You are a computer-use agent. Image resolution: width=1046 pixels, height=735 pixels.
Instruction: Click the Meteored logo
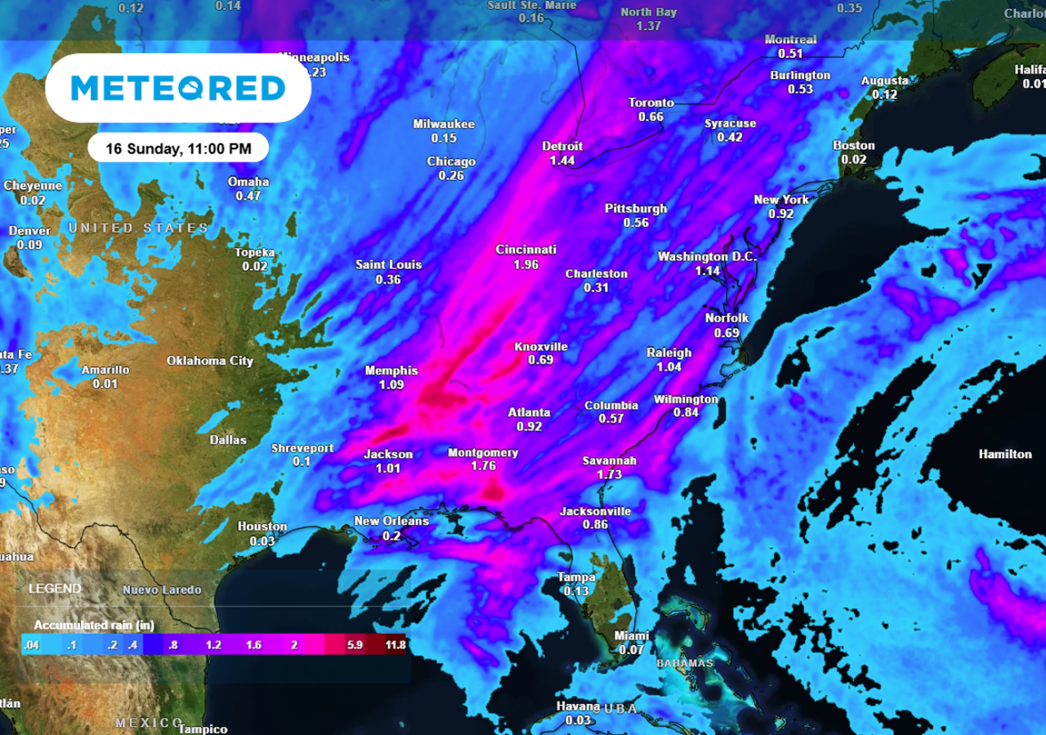178,87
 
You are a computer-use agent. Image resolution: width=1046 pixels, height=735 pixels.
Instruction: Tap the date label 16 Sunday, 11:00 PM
178,149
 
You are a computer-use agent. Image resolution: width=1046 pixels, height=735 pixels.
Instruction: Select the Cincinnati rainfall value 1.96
525,265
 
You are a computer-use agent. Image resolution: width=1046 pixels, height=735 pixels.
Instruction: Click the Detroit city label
562,146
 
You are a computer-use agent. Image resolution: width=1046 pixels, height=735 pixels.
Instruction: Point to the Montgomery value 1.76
484,466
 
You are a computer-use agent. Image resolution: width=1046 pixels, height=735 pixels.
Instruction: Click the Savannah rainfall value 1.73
609,474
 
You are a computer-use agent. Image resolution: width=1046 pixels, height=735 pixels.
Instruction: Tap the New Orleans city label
391,522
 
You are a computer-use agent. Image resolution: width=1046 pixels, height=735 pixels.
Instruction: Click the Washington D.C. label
708,257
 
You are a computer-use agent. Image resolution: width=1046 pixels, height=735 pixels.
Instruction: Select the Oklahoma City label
210,361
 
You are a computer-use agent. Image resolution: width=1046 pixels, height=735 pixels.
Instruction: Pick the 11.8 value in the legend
396,644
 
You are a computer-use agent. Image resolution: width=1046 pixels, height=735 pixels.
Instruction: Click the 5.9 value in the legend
355,644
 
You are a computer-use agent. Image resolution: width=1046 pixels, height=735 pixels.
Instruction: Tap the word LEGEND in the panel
55,589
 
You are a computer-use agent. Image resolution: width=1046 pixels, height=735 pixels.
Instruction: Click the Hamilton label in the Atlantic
1005,454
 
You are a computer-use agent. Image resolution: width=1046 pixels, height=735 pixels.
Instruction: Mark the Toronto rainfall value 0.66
650,117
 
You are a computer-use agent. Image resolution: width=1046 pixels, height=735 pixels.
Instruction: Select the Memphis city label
391,370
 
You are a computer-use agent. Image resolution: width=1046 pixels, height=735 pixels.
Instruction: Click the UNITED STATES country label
138,227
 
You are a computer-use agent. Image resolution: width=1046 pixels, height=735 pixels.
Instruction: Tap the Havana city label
578,706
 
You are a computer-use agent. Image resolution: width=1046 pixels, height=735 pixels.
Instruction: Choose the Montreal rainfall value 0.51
790,54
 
